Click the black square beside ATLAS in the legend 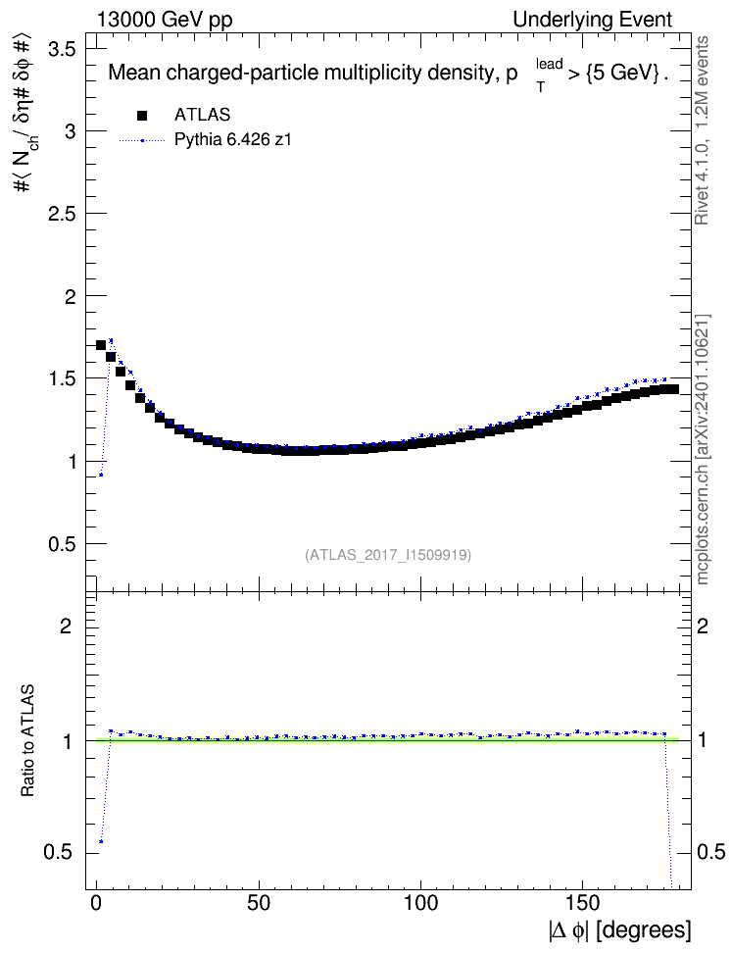click(x=142, y=115)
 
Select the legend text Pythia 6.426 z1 click(x=233, y=139)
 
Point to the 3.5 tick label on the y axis click(x=61, y=49)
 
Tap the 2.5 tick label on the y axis click(x=61, y=214)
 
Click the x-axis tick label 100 click(x=420, y=903)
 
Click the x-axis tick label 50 click(x=259, y=903)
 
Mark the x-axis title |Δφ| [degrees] click(x=620, y=930)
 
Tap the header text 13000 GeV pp click(x=165, y=20)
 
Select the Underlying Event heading click(x=593, y=20)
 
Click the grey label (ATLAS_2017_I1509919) click(x=388, y=555)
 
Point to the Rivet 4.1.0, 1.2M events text click(x=702, y=130)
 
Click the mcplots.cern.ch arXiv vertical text click(x=703, y=450)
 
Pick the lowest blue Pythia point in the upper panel click(x=101, y=475)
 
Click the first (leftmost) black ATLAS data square click(x=101, y=345)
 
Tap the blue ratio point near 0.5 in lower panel click(x=101, y=842)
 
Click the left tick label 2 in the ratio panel click(x=66, y=626)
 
